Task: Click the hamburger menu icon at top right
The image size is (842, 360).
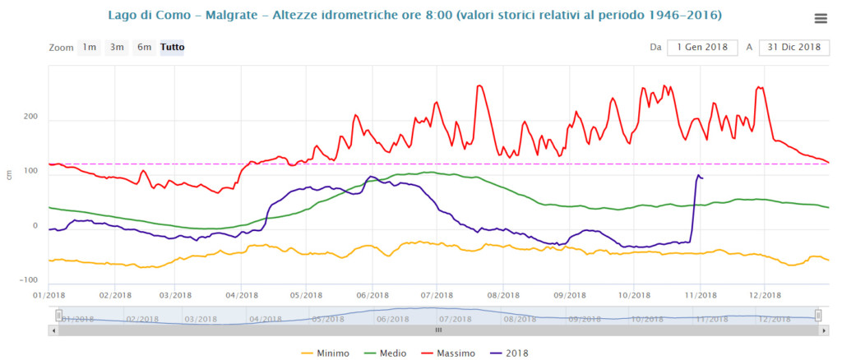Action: (x=820, y=19)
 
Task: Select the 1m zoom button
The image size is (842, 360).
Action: (x=89, y=47)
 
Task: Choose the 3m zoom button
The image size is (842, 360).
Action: (x=117, y=47)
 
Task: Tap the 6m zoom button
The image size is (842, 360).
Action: (x=144, y=47)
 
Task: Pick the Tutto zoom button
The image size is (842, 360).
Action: (x=173, y=47)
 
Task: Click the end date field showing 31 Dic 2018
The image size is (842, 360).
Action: (x=793, y=47)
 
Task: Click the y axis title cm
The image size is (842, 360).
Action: (x=9, y=174)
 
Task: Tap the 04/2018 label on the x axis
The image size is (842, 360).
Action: (x=238, y=294)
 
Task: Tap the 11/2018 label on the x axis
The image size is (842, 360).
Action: (x=699, y=294)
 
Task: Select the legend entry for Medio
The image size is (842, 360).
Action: (x=398, y=353)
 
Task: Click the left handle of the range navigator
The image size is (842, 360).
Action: (x=58, y=315)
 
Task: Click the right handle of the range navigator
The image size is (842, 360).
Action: (x=818, y=315)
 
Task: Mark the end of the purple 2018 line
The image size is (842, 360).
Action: (x=702, y=178)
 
